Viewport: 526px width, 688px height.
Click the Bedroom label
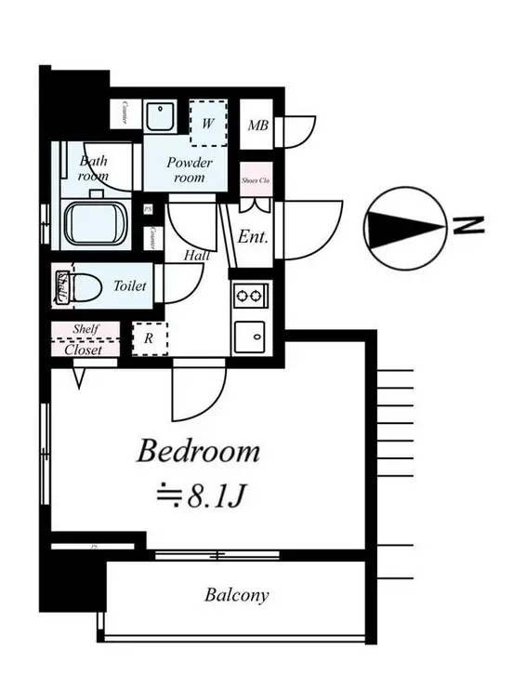click(x=198, y=452)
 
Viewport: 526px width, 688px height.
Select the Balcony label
click(x=237, y=595)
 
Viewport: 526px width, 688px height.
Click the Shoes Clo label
click(x=255, y=181)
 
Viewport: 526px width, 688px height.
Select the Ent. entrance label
click(x=253, y=236)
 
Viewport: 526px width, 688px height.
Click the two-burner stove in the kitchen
click(x=250, y=297)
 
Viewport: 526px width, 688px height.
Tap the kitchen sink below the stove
click(x=250, y=336)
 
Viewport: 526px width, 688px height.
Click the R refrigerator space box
click(x=149, y=339)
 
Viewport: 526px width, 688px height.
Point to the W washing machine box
click(x=208, y=122)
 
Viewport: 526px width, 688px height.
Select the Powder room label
click(x=189, y=169)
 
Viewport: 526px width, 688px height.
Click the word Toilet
click(x=129, y=286)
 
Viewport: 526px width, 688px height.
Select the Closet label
click(x=85, y=350)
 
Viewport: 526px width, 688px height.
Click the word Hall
click(x=196, y=255)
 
